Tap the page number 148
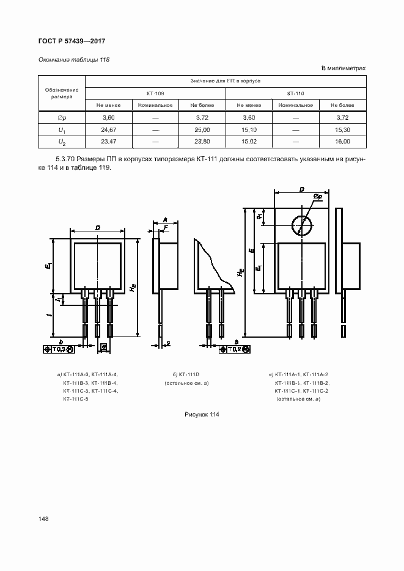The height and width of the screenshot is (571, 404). (43, 519)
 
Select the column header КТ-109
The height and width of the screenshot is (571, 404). (155, 93)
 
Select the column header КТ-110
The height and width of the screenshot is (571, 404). (295, 93)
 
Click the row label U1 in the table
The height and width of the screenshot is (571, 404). (62, 130)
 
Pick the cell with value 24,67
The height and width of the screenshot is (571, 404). (108, 130)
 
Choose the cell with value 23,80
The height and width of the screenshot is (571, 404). (202, 142)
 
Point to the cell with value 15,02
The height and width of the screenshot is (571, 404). (249, 142)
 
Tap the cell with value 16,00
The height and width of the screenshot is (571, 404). (343, 142)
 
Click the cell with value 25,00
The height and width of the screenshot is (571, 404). (202, 130)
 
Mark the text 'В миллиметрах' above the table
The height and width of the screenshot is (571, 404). (343, 68)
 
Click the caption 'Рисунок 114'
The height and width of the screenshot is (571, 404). (202, 415)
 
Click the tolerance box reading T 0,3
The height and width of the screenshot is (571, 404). (59, 349)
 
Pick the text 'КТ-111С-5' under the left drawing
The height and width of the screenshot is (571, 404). (76, 399)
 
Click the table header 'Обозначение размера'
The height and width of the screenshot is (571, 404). (62, 93)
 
